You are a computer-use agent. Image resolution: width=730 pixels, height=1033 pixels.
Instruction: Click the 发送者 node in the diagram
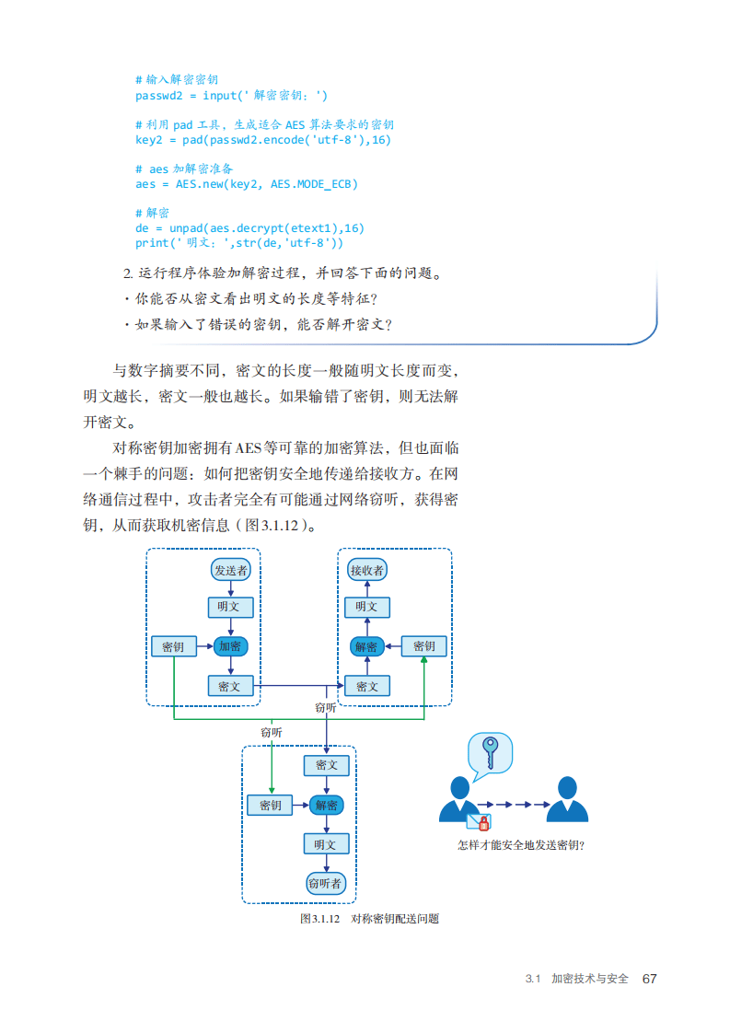(231, 570)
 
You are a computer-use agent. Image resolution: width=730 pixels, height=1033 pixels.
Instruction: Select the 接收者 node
(366, 570)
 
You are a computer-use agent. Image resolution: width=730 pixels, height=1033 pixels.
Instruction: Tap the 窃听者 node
(325, 883)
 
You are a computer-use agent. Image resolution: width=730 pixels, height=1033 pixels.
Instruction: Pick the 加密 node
(230, 646)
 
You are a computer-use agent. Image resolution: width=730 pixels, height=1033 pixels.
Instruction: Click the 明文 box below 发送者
(230, 608)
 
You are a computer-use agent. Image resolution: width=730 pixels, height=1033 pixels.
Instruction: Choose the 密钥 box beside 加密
(173, 646)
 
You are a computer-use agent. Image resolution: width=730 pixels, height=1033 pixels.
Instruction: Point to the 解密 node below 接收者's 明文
(366, 646)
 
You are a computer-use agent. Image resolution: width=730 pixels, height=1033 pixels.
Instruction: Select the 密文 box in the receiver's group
(366, 686)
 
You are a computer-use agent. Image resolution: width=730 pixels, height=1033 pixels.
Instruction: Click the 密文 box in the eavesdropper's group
(326, 765)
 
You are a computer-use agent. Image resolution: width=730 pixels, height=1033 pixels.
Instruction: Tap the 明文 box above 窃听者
(326, 843)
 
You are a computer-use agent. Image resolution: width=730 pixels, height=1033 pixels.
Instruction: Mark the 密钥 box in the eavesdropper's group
(270, 806)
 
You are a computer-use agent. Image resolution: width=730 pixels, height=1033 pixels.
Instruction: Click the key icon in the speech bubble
(491, 751)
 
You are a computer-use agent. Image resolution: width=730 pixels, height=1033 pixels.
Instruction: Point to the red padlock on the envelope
(484, 822)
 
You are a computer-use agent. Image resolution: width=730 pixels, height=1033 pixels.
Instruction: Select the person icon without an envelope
(567, 799)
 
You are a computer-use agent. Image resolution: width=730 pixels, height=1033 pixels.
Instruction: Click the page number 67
(649, 978)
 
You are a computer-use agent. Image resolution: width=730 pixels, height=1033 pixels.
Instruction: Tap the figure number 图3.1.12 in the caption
(320, 919)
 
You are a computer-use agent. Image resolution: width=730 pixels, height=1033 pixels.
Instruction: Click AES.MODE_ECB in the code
(314, 184)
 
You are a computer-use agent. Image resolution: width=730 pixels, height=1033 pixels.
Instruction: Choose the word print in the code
(152, 243)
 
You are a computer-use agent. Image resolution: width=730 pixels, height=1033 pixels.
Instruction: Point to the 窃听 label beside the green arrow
(271, 732)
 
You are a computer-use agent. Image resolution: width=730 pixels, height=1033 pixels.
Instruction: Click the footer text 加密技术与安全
(589, 978)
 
